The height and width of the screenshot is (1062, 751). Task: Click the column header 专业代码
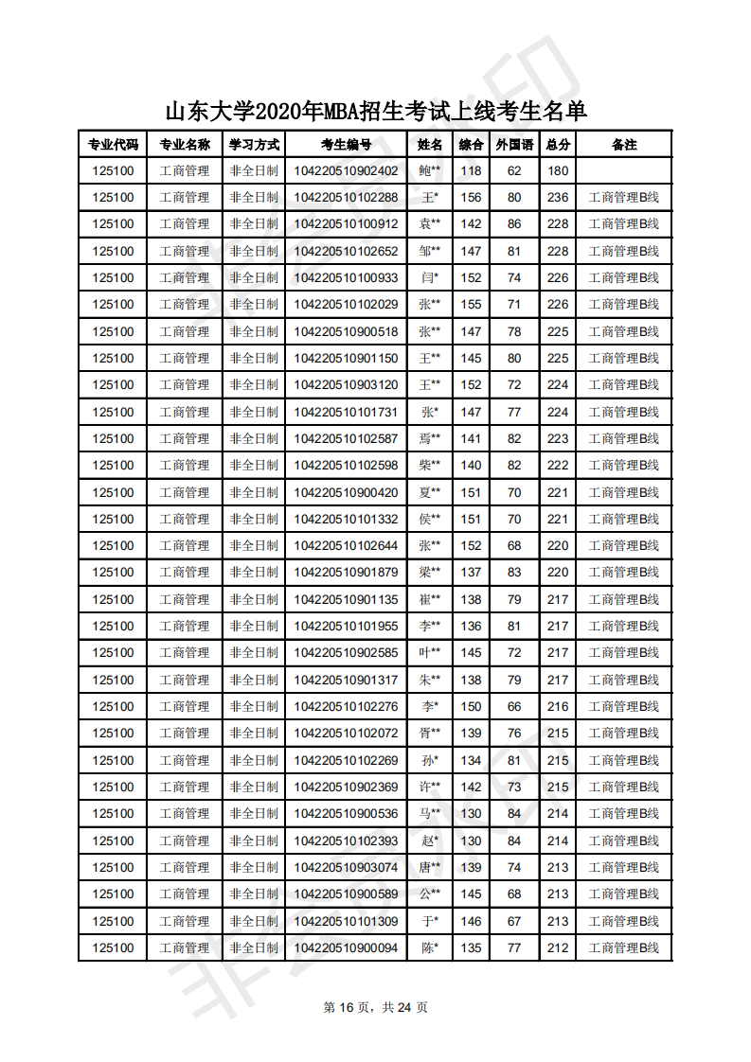[x=113, y=145]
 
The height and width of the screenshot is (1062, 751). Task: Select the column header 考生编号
[x=346, y=145]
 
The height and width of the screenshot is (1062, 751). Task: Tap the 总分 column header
[x=558, y=145]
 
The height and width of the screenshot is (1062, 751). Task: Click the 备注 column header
[x=624, y=145]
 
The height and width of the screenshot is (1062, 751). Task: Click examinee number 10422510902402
[x=346, y=171]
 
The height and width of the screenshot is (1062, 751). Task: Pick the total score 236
[x=558, y=198]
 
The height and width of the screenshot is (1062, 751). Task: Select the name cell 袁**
[x=430, y=224]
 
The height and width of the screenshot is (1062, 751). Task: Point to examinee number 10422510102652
[x=346, y=252]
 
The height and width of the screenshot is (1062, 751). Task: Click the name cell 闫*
[x=430, y=278]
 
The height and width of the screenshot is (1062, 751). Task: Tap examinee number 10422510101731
[x=346, y=412]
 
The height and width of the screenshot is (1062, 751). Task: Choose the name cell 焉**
[x=430, y=438]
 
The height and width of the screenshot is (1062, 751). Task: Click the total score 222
[x=558, y=465]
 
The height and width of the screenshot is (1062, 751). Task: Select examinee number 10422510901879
[x=346, y=572]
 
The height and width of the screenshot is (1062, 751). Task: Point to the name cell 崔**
[x=430, y=599]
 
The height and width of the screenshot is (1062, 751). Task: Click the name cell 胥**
[x=430, y=733]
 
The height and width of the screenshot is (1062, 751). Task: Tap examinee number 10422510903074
[x=346, y=867]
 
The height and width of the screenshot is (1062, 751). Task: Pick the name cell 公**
[x=430, y=894]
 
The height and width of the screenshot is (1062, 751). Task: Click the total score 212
[x=558, y=947]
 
